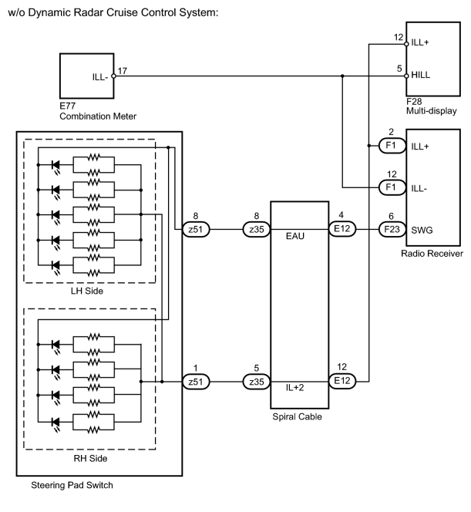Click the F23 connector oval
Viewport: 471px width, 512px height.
pyautogui.click(x=392, y=229)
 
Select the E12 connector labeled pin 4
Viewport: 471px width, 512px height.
pyautogui.click(x=342, y=228)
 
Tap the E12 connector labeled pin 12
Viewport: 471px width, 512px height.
pyautogui.click(x=342, y=381)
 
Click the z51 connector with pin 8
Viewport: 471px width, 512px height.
pyautogui.click(x=196, y=230)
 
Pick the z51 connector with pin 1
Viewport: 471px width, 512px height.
pyautogui.click(x=196, y=382)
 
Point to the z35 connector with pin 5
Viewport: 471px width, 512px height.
pyautogui.click(x=257, y=382)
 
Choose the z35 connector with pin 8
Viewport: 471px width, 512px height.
pyautogui.click(x=257, y=230)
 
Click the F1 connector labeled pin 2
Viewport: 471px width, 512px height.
pyautogui.click(x=392, y=146)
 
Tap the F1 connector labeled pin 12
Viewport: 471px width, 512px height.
pyautogui.click(x=392, y=187)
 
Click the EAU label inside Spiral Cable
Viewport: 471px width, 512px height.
pyautogui.click(x=295, y=236)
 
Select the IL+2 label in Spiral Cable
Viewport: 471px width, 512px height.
pyautogui.click(x=294, y=388)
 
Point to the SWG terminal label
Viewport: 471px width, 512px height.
pyautogui.click(x=422, y=231)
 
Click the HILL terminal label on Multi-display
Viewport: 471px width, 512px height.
pyautogui.click(x=420, y=75)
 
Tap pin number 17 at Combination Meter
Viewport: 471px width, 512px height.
pyautogui.click(x=122, y=71)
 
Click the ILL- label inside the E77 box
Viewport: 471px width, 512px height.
pyautogui.click(x=100, y=77)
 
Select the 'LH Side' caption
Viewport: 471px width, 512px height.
pyautogui.click(x=87, y=291)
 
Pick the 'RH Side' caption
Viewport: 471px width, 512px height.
pyautogui.click(x=90, y=459)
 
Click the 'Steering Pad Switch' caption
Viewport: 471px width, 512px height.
pyautogui.click(x=72, y=485)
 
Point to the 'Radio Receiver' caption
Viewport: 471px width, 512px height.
pyautogui.click(x=432, y=254)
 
